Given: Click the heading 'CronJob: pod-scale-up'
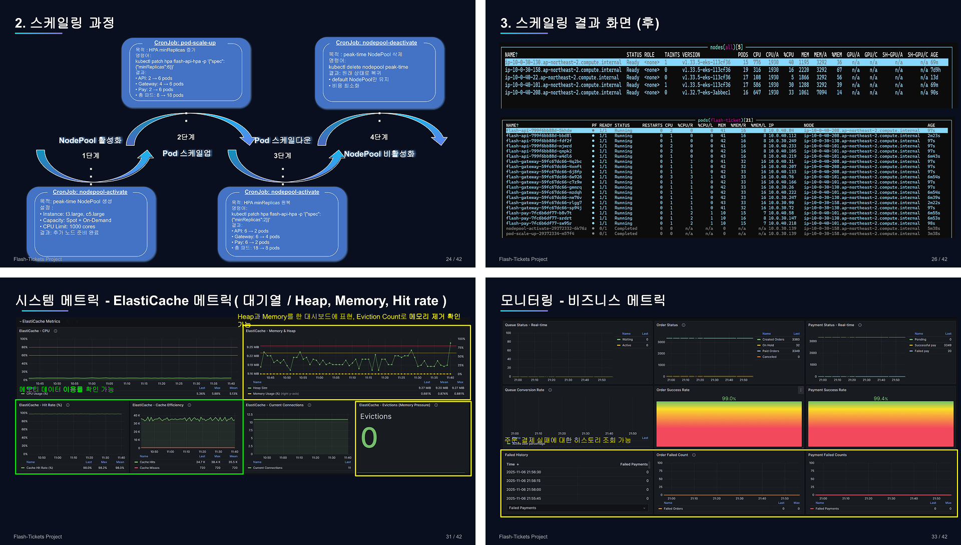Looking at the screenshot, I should [185, 43].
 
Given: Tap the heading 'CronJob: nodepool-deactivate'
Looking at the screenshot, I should [376, 43].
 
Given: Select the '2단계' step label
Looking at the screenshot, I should [186, 137].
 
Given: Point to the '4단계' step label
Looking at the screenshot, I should [379, 137].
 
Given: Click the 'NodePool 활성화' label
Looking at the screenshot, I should [90, 140].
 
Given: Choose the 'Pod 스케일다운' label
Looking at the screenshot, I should [283, 140].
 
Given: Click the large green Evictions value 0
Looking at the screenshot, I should [369, 438].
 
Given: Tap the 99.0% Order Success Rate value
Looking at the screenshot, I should [729, 399].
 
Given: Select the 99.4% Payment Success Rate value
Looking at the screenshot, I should [880, 399].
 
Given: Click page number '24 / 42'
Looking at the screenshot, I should [453, 259].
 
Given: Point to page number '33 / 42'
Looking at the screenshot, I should [939, 536].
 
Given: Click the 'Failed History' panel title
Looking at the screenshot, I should [516, 455].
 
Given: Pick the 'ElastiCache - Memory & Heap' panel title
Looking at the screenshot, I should [270, 331].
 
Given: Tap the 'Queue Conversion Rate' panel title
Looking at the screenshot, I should [524, 390].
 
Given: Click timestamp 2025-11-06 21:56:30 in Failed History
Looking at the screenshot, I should [523, 472].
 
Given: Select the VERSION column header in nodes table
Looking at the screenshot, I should [691, 55].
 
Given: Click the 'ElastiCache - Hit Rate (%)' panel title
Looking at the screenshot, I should [41, 405].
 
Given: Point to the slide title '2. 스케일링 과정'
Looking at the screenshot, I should [65, 23].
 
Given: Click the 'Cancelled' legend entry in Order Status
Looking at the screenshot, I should [769, 357].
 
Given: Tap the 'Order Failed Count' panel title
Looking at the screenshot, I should [672, 455].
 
